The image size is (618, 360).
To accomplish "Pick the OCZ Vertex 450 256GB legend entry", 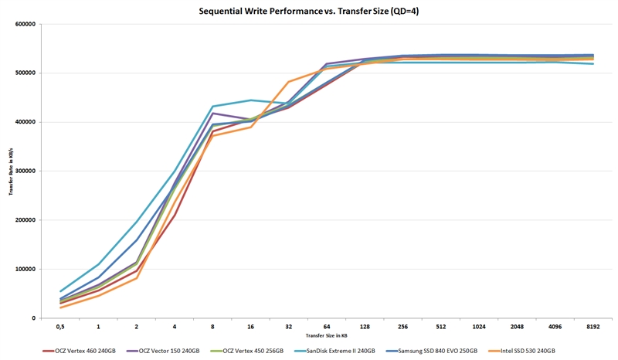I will [x=248, y=351].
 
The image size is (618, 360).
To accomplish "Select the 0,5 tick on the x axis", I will [x=60, y=328].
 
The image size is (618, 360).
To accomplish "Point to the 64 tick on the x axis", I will [x=326, y=328].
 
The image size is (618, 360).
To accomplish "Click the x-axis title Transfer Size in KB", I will [x=325, y=337].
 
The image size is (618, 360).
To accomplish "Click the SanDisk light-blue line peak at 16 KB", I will [x=250, y=100].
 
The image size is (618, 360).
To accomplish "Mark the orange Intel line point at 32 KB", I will [x=288, y=82].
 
